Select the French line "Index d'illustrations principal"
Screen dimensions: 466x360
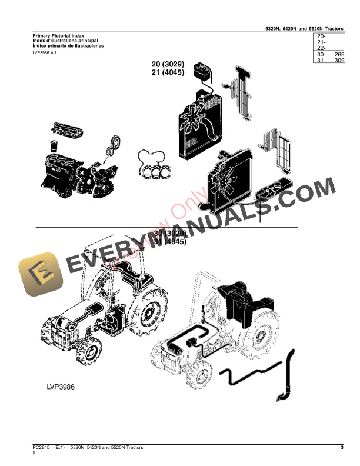click(x=65, y=41)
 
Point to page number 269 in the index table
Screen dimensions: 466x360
click(x=338, y=54)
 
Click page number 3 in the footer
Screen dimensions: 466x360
click(x=342, y=448)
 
